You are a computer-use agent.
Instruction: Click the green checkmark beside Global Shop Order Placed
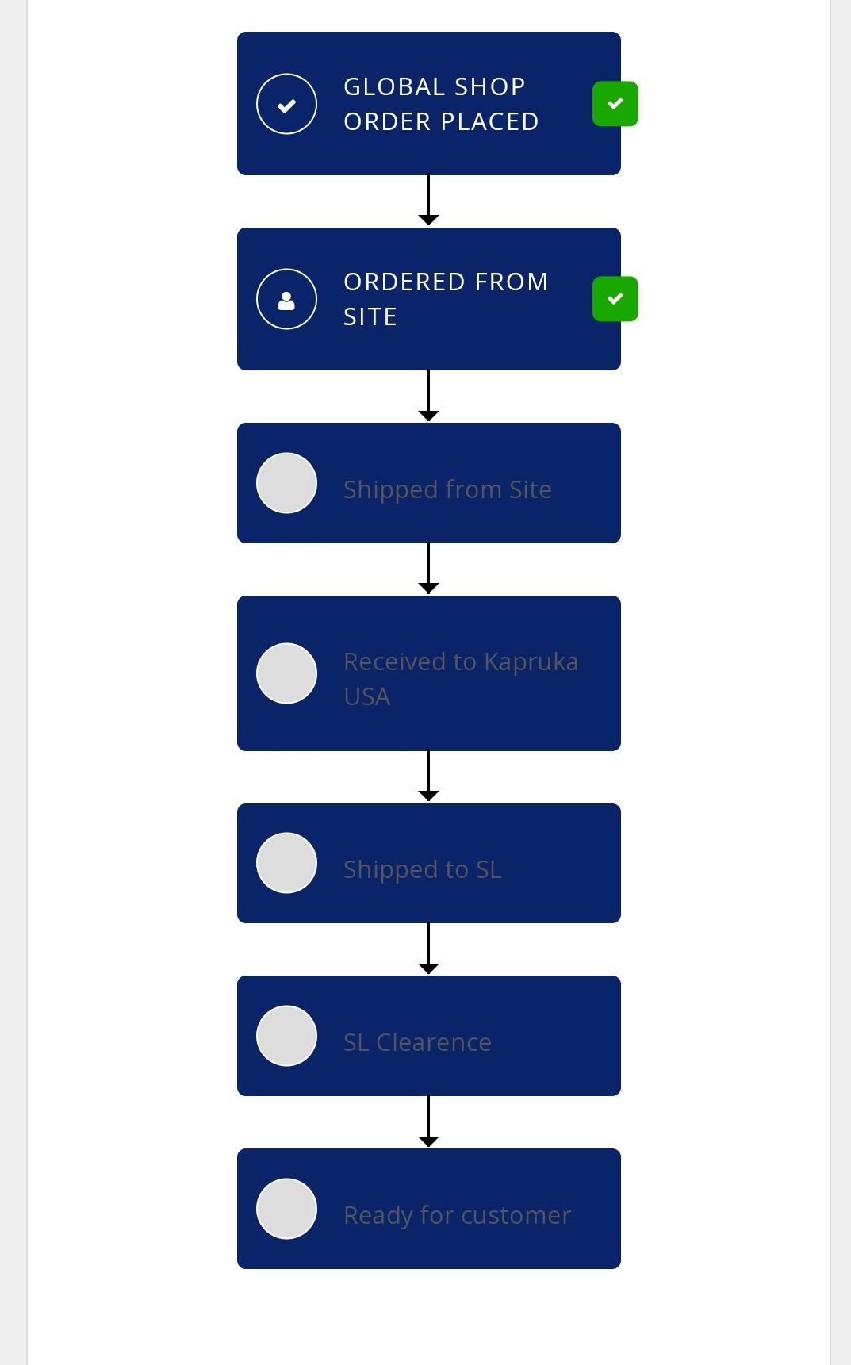click(x=615, y=104)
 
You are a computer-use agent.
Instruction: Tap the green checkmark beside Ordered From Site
click(x=615, y=299)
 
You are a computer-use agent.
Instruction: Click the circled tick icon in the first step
click(x=286, y=104)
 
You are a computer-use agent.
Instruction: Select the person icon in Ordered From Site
click(x=286, y=299)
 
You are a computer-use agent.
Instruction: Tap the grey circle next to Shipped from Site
click(x=286, y=483)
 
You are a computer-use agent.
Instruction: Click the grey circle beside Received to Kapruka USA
click(x=286, y=673)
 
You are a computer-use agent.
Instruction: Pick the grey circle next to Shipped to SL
click(x=286, y=863)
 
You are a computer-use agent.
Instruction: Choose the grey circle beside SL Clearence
click(x=286, y=1036)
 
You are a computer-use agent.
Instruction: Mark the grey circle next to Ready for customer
click(x=286, y=1209)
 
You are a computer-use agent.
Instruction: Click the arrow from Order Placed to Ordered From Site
click(x=428, y=201)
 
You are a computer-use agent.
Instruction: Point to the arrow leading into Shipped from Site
click(x=428, y=396)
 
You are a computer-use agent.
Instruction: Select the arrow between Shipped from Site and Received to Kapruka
click(x=428, y=569)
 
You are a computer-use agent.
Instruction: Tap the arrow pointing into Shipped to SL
click(x=428, y=776)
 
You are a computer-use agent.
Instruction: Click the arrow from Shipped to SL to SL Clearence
click(x=428, y=949)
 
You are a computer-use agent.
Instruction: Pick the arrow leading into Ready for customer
click(x=428, y=1122)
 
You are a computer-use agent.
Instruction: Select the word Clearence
click(x=434, y=1042)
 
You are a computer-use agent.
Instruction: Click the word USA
click(x=367, y=696)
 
